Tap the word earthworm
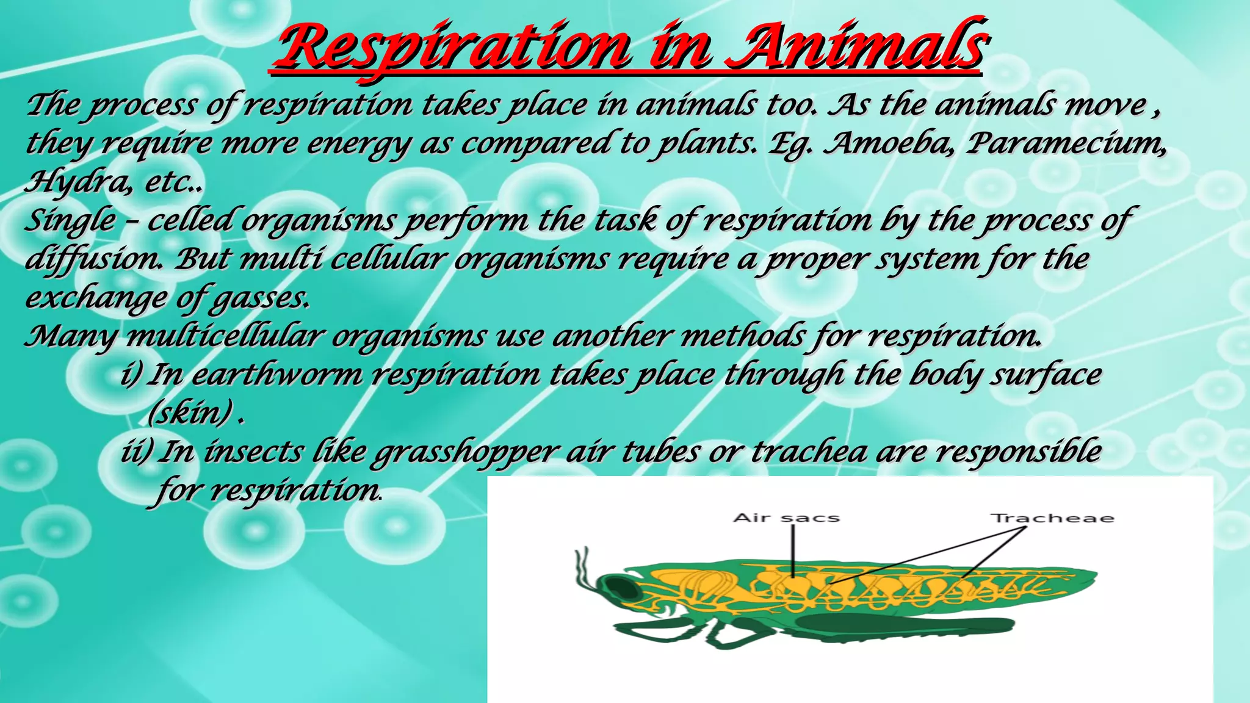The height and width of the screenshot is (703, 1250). click(x=278, y=375)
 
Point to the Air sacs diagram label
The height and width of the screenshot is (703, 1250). click(x=786, y=518)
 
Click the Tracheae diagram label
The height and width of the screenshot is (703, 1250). click(x=1052, y=519)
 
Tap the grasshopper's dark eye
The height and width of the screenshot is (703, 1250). click(x=621, y=588)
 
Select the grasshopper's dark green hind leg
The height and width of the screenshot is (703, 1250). click(x=897, y=626)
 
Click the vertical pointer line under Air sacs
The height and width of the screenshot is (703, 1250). click(x=793, y=549)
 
